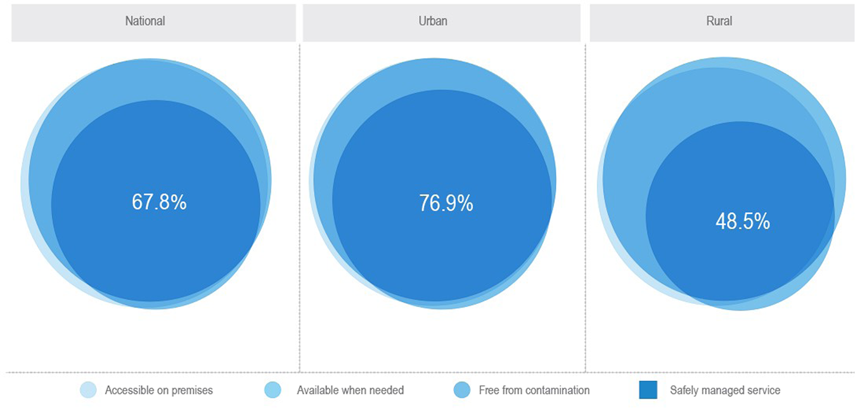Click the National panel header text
pos(145,21)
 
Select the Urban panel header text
pos(433,21)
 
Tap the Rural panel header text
pos(719,21)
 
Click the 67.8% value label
pos(159,202)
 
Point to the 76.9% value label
pos(446,204)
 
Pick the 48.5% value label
pos(742,221)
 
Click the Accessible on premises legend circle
pos(89,390)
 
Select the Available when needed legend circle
pos(273,390)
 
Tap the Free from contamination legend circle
pos(462,390)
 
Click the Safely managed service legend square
pos(648,390)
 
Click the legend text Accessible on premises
pos(159,390)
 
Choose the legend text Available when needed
pos(350,390)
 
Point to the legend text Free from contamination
pos(534,390)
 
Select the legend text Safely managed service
pos(725,390)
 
